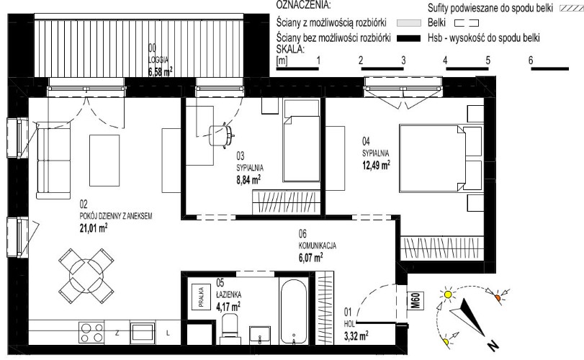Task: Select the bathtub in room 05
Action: (x=294, y=311)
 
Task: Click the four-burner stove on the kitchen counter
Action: (x=91, y=333)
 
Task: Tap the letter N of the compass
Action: (x=493, y=346)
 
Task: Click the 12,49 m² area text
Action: (x=376, y=165)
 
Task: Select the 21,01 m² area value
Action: (x=94, y=228)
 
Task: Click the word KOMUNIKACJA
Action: (x=318, y=246)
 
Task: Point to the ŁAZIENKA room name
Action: (x=229, y=294)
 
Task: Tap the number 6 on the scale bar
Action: (x=531, y=60)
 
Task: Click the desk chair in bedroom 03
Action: (x=221, y=135)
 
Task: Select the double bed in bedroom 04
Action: (x=432, y=158)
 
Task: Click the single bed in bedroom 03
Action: (x=302, y=140)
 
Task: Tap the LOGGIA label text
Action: (x=158, y=60)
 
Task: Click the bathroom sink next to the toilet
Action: (x=260, y=336)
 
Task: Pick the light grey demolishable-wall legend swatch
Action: (x=408, y=23)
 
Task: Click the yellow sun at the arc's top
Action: (x=448, y=294)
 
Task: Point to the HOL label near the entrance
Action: (x=349, y=324)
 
